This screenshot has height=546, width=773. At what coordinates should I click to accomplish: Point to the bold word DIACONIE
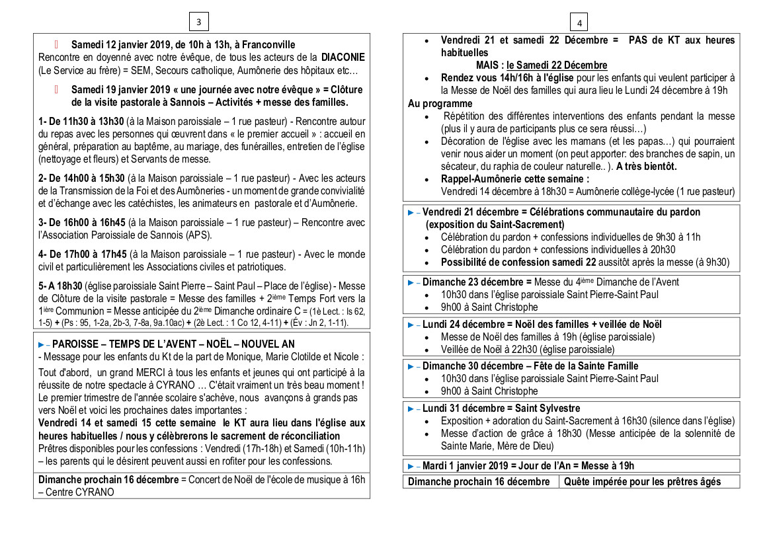coord(343,58)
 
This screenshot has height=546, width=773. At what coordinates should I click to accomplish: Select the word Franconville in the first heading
coord(269,45)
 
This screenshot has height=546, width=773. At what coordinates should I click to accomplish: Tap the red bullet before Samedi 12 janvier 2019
coord(57,45)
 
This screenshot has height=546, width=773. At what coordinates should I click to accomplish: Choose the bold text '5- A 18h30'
coord(60,286)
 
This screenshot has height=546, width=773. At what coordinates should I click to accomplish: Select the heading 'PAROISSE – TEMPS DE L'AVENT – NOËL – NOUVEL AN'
coord(173,344)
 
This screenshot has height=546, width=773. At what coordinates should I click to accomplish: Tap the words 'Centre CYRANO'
coord(80,492)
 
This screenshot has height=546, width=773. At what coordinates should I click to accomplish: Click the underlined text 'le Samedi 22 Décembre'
coord(557,65)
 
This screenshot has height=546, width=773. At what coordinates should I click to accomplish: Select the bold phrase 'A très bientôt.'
coord(646,167)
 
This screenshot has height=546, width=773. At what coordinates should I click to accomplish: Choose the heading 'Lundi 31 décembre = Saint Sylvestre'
coord(501,409)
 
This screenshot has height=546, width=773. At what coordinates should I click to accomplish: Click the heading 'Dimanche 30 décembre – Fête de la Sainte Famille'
coord(530,366)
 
